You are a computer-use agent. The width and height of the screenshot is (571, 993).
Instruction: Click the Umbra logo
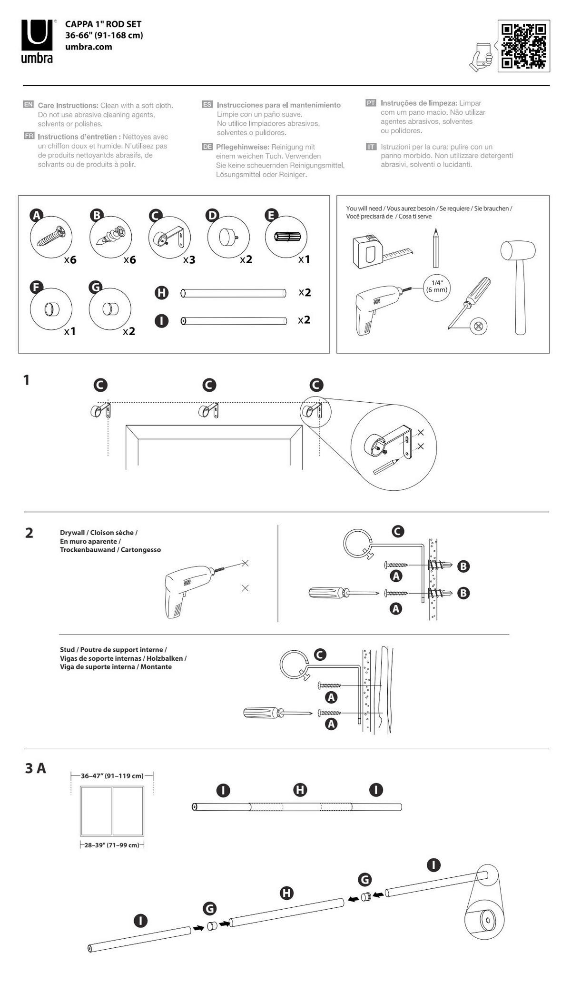click(x=37, y=41)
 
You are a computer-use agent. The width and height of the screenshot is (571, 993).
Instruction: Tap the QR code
click(x=524, y=46)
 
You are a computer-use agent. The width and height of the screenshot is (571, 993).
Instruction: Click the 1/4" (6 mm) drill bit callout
click(x=436, y=287)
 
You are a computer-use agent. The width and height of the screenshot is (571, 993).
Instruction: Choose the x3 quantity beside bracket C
click(x=189, y=260)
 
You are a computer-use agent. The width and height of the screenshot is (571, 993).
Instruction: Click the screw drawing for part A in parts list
click(x=51, y=237)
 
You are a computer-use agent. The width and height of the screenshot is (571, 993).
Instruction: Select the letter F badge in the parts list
click(x=36, y=288)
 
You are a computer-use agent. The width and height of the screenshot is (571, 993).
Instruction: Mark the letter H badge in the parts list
click(x=162, y=292)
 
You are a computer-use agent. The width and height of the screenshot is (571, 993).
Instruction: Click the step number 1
click(x=27, y=380)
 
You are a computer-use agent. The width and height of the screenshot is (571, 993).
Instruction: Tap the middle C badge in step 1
click(x=209, y=385)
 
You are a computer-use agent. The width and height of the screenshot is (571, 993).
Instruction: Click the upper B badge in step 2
click(x=463, y=566)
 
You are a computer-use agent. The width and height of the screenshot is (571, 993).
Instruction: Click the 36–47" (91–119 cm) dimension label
click(x=112, y=776)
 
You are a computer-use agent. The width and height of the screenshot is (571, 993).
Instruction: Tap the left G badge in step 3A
click(x=209, y=909)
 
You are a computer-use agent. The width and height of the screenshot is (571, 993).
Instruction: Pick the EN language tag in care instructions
click(x=29, y=104)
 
